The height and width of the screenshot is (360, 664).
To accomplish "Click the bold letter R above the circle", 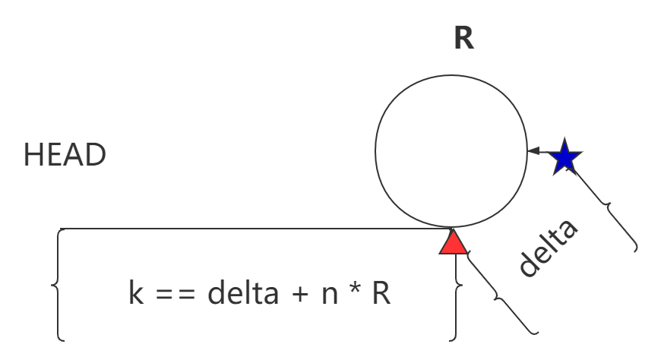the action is click(x=463, y=38).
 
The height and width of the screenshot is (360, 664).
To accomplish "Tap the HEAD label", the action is click(x=65, y=155).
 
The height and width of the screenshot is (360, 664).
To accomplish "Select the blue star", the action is click(x=565, y=156).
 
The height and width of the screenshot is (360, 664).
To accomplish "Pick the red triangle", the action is click(x=453, y=242).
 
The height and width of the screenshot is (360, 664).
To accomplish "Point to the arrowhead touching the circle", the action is click(x=533, y=151).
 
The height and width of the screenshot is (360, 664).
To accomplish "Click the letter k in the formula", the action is click(x=136, y=292).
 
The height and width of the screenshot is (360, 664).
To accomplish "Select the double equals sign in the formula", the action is click(x=175, y=293).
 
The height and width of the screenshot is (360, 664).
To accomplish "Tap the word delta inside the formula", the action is click(x=243, y=292).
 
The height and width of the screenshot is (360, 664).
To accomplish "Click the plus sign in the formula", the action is click(x=300, y=293).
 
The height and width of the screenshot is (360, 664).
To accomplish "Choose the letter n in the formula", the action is click(x=330, y=295).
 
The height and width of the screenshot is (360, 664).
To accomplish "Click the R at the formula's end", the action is click(x=381, y=292).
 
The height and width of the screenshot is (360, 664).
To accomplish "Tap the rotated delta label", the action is click(x=549, y=248).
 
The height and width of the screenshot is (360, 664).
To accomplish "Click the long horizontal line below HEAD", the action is click(x=253, y=229).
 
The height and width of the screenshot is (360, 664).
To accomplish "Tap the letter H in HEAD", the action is click(x=33, y=155).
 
